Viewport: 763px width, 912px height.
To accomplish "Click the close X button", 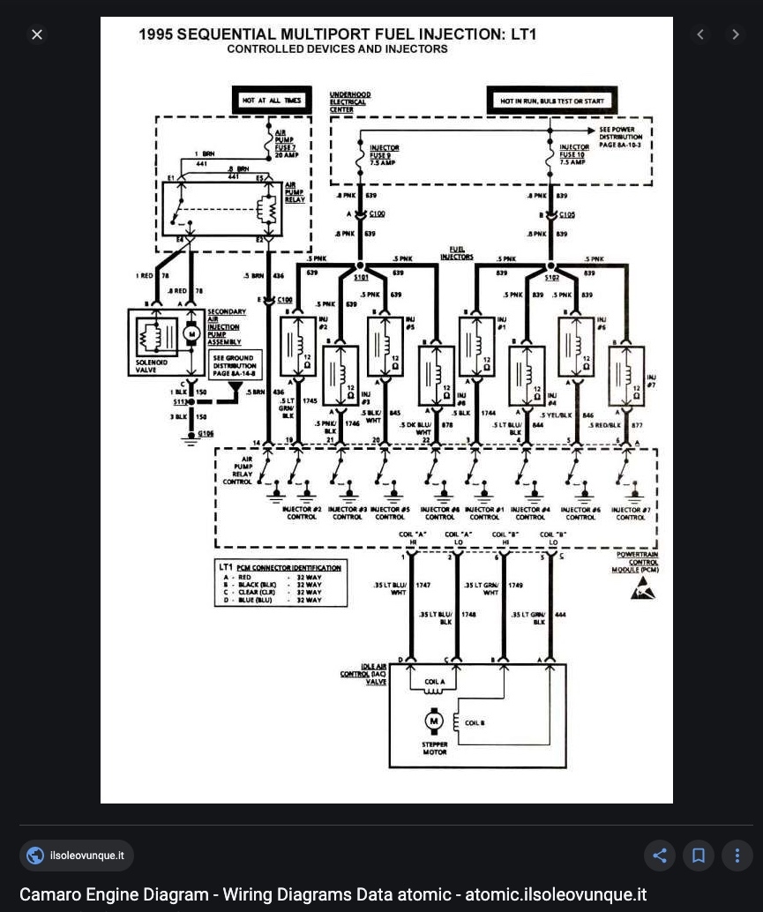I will click(x=37, y=34).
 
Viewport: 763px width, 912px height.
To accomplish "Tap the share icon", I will click(x=659, y=855).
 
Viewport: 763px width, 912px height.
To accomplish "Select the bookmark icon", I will click(x=698, y=855).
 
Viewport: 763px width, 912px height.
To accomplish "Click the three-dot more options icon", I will click(x=737, y=855).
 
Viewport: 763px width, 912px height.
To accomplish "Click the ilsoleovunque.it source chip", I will click(x=77, y=855).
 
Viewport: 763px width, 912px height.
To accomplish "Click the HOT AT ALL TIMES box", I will click(x=272, y=101).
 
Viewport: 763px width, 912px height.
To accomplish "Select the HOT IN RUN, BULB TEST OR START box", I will click(x=552, y=101).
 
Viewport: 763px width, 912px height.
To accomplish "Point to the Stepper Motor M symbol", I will click(x=433, y=721).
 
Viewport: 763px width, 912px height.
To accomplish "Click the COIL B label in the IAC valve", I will click(x=475, y=723).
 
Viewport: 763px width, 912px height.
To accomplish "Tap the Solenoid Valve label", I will click(x=151, y=366).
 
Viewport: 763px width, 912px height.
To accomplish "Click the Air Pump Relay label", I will click(x=295, y=192).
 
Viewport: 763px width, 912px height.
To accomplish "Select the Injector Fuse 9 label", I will click(x=384, y=155).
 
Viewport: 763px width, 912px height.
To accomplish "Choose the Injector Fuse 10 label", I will click(x=573, y=154).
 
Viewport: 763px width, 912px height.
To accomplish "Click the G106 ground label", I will click(x=206, y=433).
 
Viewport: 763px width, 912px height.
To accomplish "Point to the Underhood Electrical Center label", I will click(x=349, y=102).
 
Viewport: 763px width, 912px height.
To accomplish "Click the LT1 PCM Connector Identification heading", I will click(x=280, y=567).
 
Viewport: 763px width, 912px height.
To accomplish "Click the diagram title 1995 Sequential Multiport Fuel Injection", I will click(x=337, y=34).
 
